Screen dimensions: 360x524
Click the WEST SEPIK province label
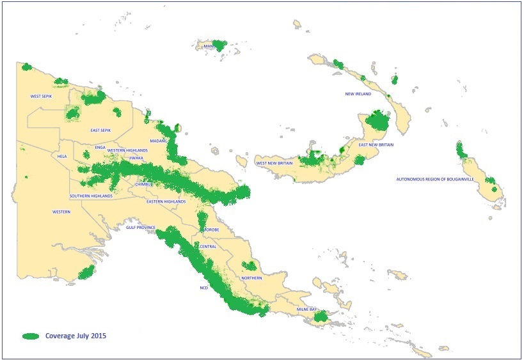pos(42,97)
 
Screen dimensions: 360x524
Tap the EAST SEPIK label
pos(101,130)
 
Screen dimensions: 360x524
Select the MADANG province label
pos(158,141)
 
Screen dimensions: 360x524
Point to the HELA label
pos(62,156)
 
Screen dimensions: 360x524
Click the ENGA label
pos(100,147)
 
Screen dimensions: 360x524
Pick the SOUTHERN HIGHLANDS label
pos(91,196)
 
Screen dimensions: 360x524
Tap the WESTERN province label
pos(61,212)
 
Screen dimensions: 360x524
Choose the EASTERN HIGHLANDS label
pos(166,202)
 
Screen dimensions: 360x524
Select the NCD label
pos(203,288)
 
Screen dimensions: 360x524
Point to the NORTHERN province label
pos(251,279)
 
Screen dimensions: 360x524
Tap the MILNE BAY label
pos(306,309)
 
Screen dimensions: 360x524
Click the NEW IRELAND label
pos(359,94)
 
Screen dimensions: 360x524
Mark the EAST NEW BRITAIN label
pos(376,145)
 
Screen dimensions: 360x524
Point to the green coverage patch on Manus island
pos(219,45)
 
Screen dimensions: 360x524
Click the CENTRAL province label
pos(209,246)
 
